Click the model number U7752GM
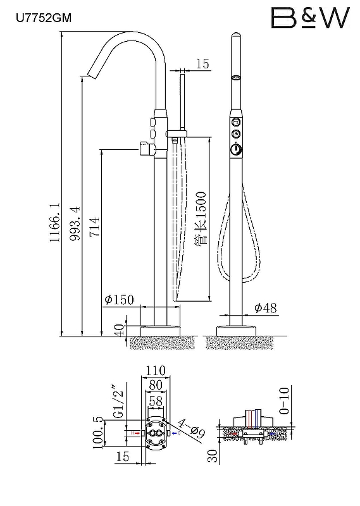click(x=44, y=18)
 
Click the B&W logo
click(x=310, y=18)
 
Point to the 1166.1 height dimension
click(x=55, y=223)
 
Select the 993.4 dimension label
click(x=75, y=223)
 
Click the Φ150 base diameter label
click(x=119, y=300)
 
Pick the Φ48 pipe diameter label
click(x=265, y=308)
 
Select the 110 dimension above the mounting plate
click(x=155, y=370)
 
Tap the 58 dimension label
click(x=156, y=401)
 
